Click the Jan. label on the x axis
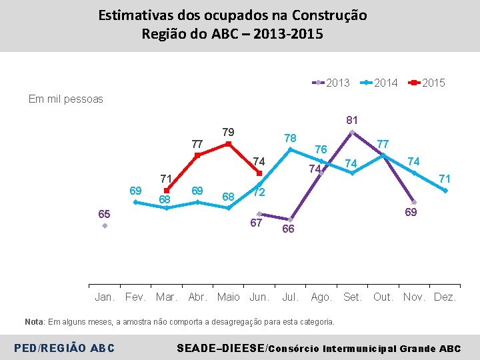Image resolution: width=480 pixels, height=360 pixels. [x=105, y=297]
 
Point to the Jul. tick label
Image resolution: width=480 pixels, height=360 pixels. [x=291, y=297]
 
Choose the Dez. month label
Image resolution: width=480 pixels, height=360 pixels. [x=445, y=297]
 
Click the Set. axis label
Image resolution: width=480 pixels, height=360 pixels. [x=352, y=297]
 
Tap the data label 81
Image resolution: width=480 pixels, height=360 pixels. [x=352, y=121]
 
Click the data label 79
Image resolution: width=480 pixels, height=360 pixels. [x=228, y=130]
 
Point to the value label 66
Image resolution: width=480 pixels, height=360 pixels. [x=289, y=229]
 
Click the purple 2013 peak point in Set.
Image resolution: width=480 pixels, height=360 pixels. [x=352, y=132]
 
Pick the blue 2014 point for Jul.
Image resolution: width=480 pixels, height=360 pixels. [x=290, y=150]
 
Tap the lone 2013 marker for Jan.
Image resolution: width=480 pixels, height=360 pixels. [x=105, y=226]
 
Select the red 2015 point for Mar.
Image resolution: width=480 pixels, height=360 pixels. [x=167, y=191]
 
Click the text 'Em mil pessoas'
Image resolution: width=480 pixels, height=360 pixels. [x=66, y=99]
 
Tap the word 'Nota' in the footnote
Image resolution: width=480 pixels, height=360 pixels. [x=34, y=322]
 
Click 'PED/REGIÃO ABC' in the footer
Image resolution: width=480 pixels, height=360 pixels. [x=63, y=348]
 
